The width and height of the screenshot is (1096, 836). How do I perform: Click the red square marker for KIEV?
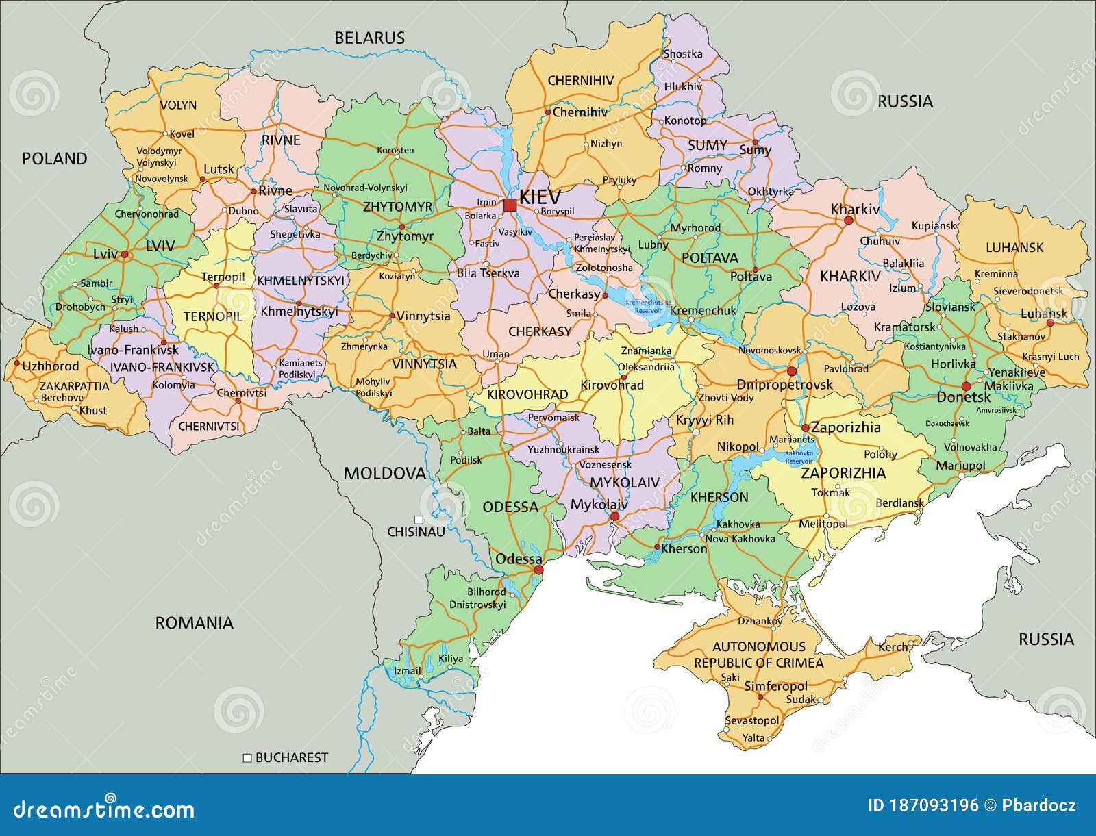[x=509, y=205]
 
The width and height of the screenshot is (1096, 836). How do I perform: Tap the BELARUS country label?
[x=369, y=38]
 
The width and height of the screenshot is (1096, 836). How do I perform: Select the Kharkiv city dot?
[x=848, y=221]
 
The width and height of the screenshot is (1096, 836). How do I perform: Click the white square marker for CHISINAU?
[x=419, y=520]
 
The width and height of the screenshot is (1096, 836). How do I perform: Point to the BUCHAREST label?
[x=291, y=757]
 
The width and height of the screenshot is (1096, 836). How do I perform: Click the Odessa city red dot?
[x=538, y=570]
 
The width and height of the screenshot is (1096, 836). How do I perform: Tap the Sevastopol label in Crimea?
[x=751, y=720]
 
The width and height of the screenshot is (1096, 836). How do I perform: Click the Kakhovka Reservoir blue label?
[x=798, y=457]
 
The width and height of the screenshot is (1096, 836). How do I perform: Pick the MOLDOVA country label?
[x=384, y=473]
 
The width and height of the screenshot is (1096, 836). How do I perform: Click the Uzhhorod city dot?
[x=16, y=364]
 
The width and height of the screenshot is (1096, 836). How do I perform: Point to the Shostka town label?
[x=682, y=53]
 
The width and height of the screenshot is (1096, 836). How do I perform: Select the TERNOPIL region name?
[x=212, y=316]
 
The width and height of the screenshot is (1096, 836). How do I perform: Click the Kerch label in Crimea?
[x=893, y=646]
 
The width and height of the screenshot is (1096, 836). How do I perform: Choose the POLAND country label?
[x=55, y=159]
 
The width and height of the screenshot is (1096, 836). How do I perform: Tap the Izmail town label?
[x=408, y=670]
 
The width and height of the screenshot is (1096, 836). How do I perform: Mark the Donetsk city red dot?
[x=966, y=386]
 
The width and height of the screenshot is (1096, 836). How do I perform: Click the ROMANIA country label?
[x=194, y=622]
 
